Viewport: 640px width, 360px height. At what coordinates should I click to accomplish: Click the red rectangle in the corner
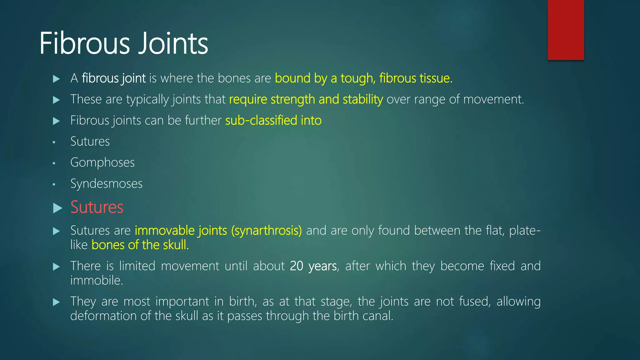tap(566, 30)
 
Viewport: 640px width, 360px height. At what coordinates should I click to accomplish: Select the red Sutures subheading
tap(97, 207)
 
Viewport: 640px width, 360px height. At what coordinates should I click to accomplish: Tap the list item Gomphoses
tap(102, 162)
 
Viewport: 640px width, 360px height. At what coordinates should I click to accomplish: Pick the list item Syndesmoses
tap(106, 183)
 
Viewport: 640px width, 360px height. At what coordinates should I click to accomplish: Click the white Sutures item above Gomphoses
tap(90, 141)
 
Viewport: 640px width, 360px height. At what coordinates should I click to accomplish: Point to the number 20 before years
tap(297, 266)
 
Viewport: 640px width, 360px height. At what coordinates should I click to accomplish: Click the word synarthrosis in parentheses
tap(266, 231)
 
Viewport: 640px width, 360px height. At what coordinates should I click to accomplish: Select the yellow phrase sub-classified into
tap(273, 120)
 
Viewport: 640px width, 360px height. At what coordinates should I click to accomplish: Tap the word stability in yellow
tap(362, 99)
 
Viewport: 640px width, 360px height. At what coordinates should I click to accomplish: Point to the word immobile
tap(96, 280)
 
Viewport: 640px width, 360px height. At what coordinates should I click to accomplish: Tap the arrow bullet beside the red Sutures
tap(57, 208)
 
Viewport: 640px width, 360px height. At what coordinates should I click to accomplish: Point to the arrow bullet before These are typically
tap(57, 100)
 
